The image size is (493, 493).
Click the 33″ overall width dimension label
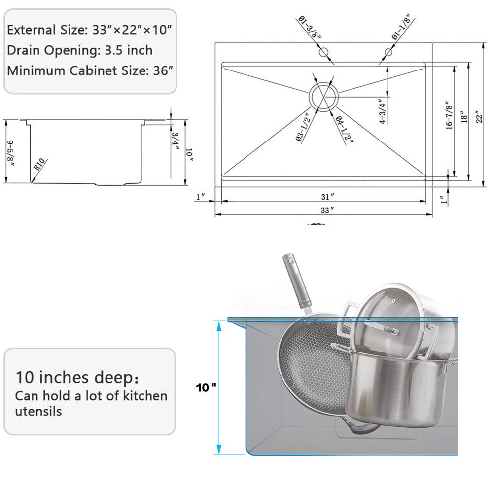coord(324,210)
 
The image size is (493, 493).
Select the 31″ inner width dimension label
coord(324,196)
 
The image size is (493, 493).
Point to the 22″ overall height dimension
coord(478,117)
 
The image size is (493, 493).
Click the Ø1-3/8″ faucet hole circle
coord(323,52)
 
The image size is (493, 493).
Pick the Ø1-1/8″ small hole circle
coord(388,52)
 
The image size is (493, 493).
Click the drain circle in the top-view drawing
coord(323,96)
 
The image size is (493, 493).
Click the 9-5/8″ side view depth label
coord(10,153)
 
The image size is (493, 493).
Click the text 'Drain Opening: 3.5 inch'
coord(80,50)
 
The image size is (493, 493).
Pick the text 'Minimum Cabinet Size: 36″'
coord(90,70)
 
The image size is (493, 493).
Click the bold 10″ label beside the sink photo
coord(206,388)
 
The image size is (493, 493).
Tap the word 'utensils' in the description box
coord(38,411)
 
